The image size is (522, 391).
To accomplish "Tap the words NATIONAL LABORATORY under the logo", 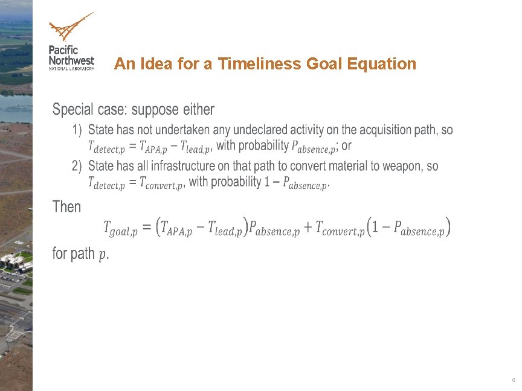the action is pos(71,68).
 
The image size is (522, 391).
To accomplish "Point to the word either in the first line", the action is pos(198,110).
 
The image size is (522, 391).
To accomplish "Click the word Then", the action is pos(66,207).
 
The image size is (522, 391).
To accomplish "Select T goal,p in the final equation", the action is pos(120,229).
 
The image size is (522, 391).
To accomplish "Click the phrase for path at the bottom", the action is pos(74,253).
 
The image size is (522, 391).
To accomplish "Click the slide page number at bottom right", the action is pos(513,381).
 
